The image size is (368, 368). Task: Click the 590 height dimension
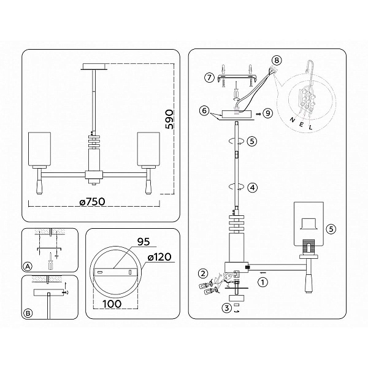(x=170, y=119)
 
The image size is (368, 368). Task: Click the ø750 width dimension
(x=92, y=202)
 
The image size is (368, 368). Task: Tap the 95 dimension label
(x=144, y=242)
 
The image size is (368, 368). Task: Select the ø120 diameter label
(x=159, y=257)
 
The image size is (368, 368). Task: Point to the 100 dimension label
(x=112, y=304)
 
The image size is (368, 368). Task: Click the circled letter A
(x=28, y=267)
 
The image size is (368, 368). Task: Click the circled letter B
(x=28, y=313)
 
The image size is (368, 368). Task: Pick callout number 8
(x=277, y=60)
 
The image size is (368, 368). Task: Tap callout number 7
(x=209, y=77)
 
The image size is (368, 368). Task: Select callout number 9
(x=267, y=113)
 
